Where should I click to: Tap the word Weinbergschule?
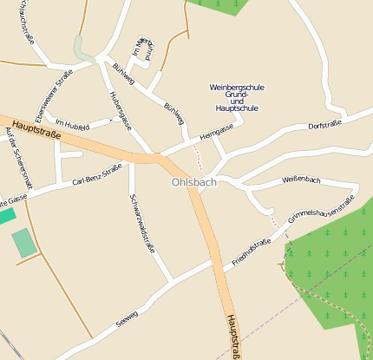click(x=237, y=87)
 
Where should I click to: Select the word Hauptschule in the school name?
click(x=237, y=108)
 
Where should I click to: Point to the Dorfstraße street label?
click(x=325, y=126)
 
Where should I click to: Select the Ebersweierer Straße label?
click(x=53, y=96)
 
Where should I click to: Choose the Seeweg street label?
click(x=127, y=317)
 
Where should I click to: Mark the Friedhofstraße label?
click(x=252, y=252)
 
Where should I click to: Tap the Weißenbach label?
click(x=301, y=180)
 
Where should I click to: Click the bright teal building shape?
click(x=7, y=215)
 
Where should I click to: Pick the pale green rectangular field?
click(x=24, y=242)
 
